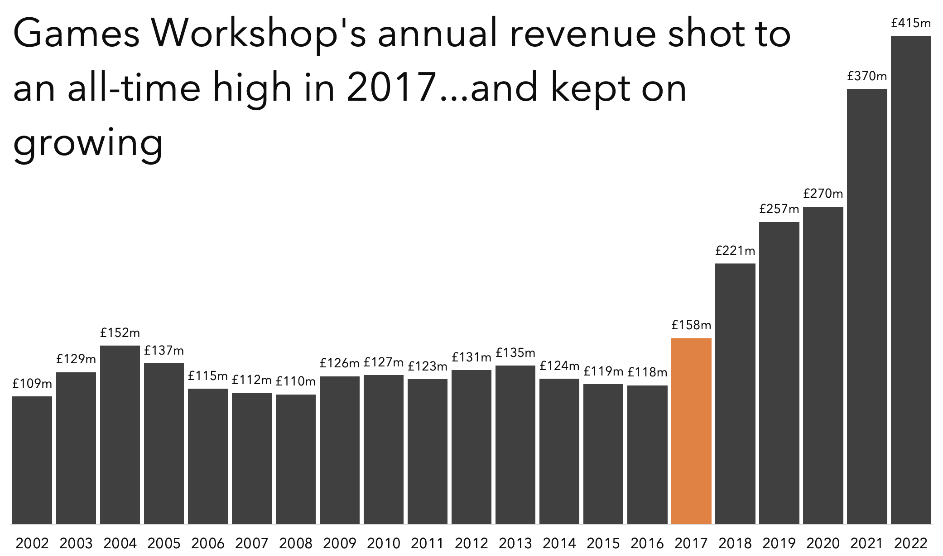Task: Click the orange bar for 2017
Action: click(x=691, y=431)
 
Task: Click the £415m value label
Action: click(x=911, y=23)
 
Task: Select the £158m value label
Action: click(x=691, y=325)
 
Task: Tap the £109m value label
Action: click(x=32, y=384)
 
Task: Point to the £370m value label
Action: click(x=867, y=76)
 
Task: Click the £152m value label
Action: click(x=120, y=333)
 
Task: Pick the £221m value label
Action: click(x=735, y=251)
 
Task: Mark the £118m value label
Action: click(x=647, y=372)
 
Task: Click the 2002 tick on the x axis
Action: click(x=32, y=543)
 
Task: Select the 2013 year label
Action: click(x=515, y=543)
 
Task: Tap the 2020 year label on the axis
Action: click(x=823, y=543)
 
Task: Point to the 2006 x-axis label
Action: click(x=208, y=543)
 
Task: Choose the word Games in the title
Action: click(x=77, y=34)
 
